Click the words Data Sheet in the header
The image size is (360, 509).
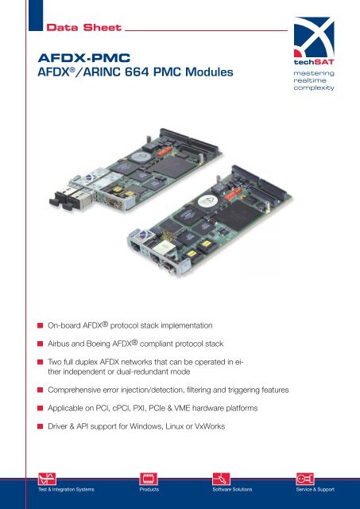tap(83, 29)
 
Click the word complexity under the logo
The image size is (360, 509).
tap(312, 89)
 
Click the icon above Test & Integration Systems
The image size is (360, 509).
tap(37, 477)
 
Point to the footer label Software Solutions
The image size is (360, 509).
tap(231, 489)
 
